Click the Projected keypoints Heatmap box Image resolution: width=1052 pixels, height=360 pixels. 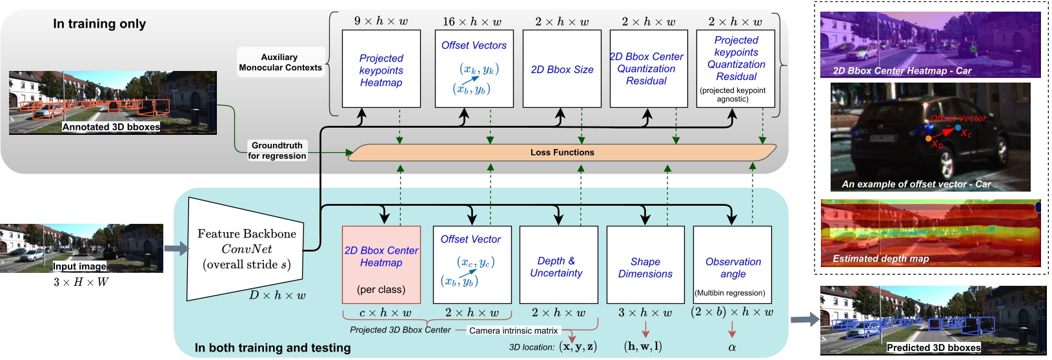[x=381, y=69]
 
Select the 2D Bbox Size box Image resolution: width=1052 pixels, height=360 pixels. [x=561, y=69]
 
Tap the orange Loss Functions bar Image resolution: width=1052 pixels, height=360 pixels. [x=561, y=152]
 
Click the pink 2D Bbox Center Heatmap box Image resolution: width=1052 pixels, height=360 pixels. [x=381, y=265]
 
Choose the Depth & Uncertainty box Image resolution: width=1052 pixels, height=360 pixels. [x=558, y=265]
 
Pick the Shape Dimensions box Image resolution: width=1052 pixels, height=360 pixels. [x=645, y=265]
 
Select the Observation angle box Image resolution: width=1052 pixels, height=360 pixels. [x=733, y=265]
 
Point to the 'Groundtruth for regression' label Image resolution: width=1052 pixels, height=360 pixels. [x=277, y=150]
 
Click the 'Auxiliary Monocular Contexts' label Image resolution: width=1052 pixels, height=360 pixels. [x=279, y=62]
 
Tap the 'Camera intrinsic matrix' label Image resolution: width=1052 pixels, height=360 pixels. [x=513, y=330]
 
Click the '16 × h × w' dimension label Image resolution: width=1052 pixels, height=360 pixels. [x=472, y=21]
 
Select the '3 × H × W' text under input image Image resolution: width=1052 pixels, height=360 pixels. [x=81, y=282]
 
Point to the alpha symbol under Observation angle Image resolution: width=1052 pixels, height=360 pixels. [x=732, y=347]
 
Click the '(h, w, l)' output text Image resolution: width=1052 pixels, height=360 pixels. [x=643, y=346]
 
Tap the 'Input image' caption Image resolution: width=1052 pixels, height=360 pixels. [x=79, y=266]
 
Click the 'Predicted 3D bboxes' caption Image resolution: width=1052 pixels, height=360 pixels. [x=933, y=348]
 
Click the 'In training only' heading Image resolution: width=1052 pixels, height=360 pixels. [x=99, y=24]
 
